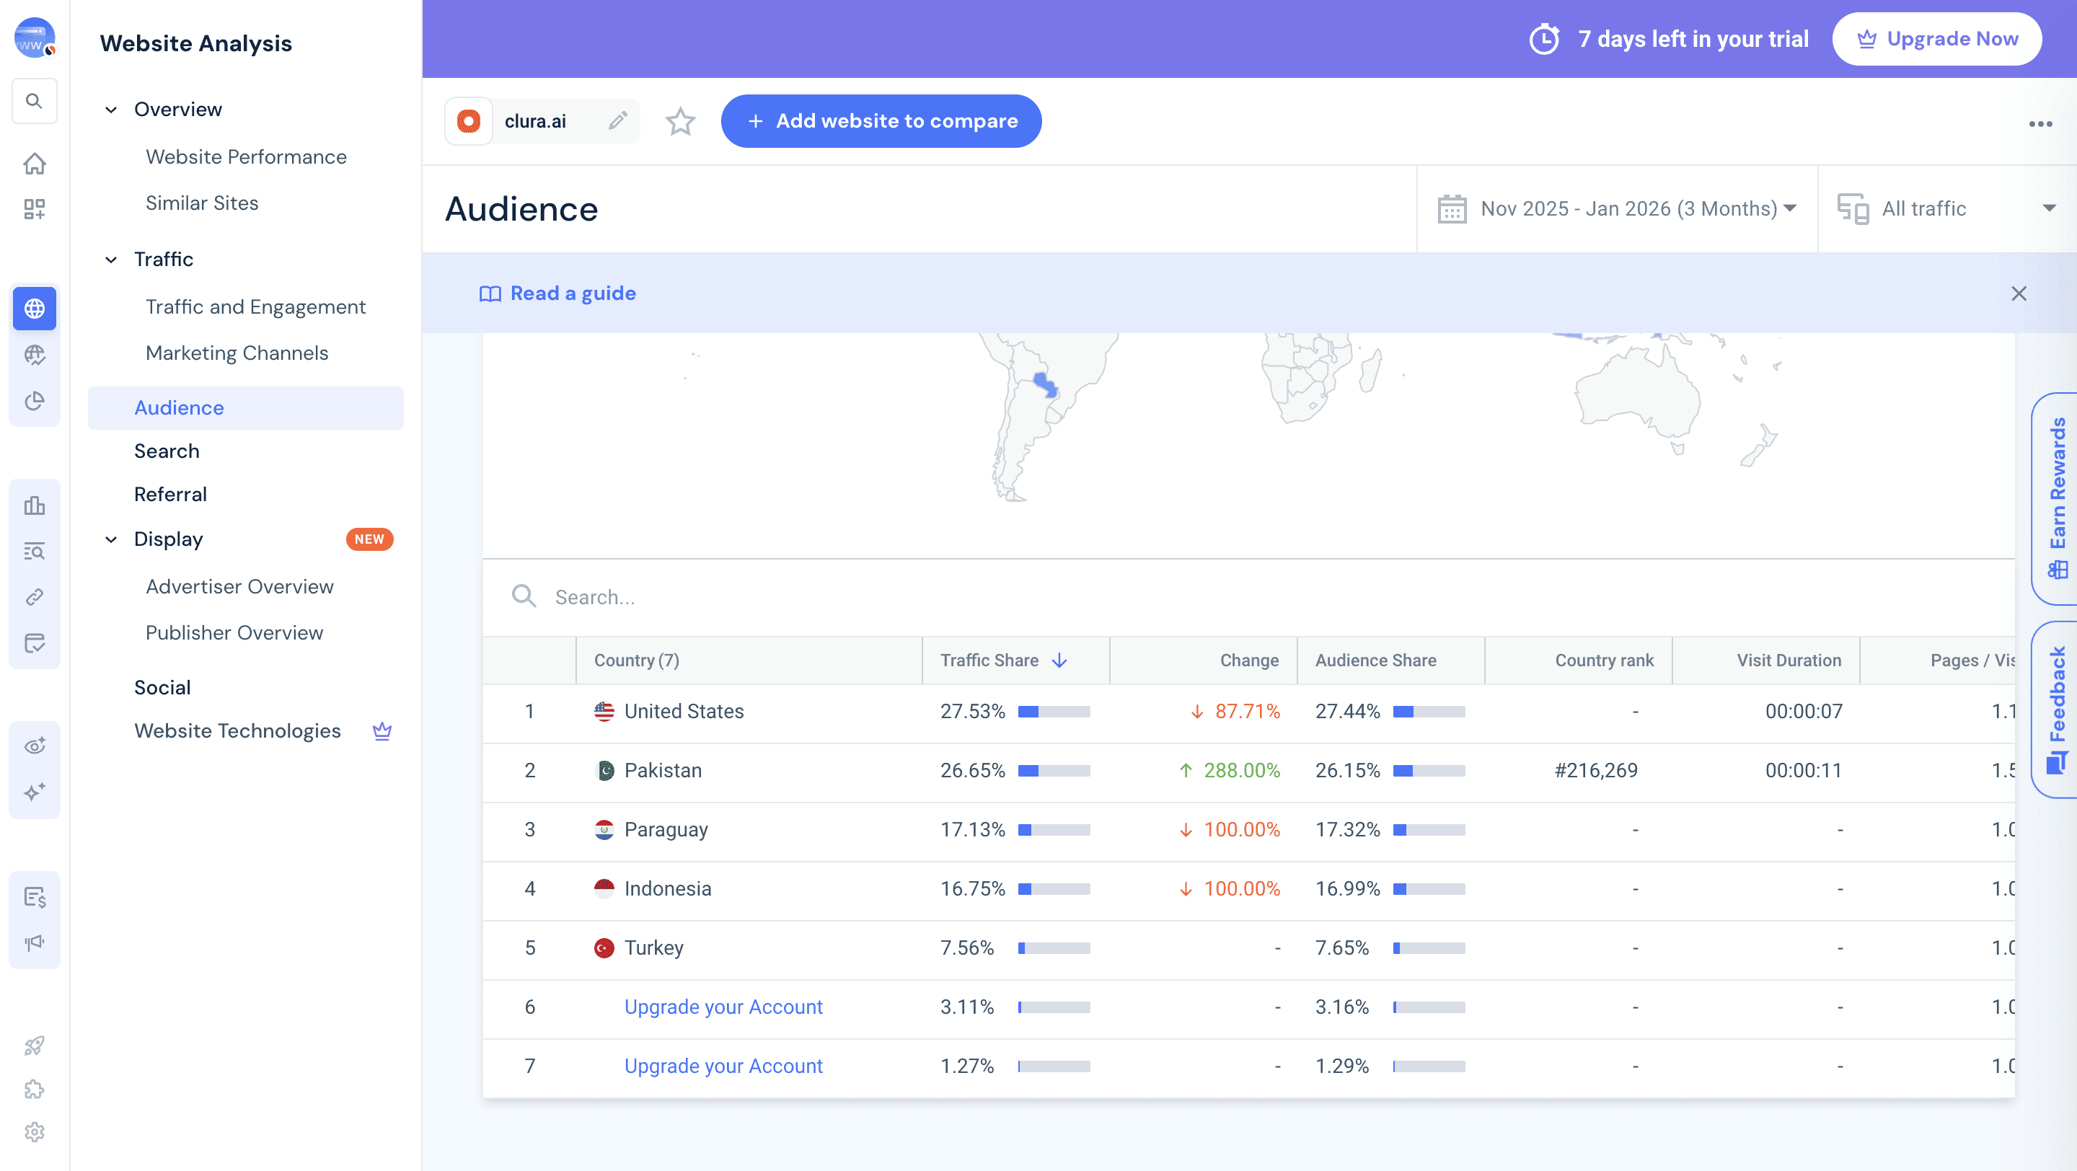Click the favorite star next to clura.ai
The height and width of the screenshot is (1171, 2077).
(679, 122)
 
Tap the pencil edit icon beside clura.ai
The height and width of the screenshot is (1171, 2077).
(617, 121)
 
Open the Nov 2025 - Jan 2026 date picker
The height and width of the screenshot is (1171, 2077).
(1617, 208)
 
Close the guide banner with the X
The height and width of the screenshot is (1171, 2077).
(2018, 293)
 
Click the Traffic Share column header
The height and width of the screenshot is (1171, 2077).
(989, 660)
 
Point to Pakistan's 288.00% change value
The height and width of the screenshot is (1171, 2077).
(1241, 771)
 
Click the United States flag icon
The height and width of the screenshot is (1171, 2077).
(604, 712)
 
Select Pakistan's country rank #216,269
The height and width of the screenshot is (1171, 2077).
(1596, 771)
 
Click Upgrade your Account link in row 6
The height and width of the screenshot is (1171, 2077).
(723, 1007)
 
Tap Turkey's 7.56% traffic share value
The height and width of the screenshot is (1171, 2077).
(966, 947)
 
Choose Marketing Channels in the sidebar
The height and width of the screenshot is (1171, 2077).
(237, 353)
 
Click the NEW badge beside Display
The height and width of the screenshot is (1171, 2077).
(369, 539)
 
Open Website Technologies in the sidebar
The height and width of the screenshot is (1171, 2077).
(237, 731)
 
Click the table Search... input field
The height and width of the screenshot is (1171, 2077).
(806, 597)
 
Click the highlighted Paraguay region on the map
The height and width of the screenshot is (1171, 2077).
(1045, 384)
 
